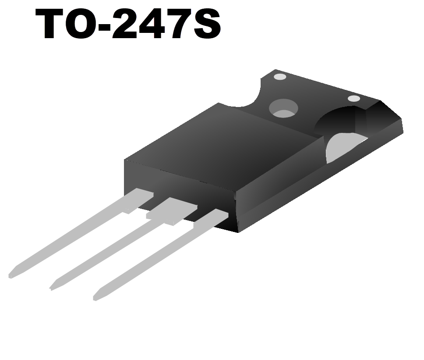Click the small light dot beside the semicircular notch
279,77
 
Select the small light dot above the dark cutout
353,99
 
